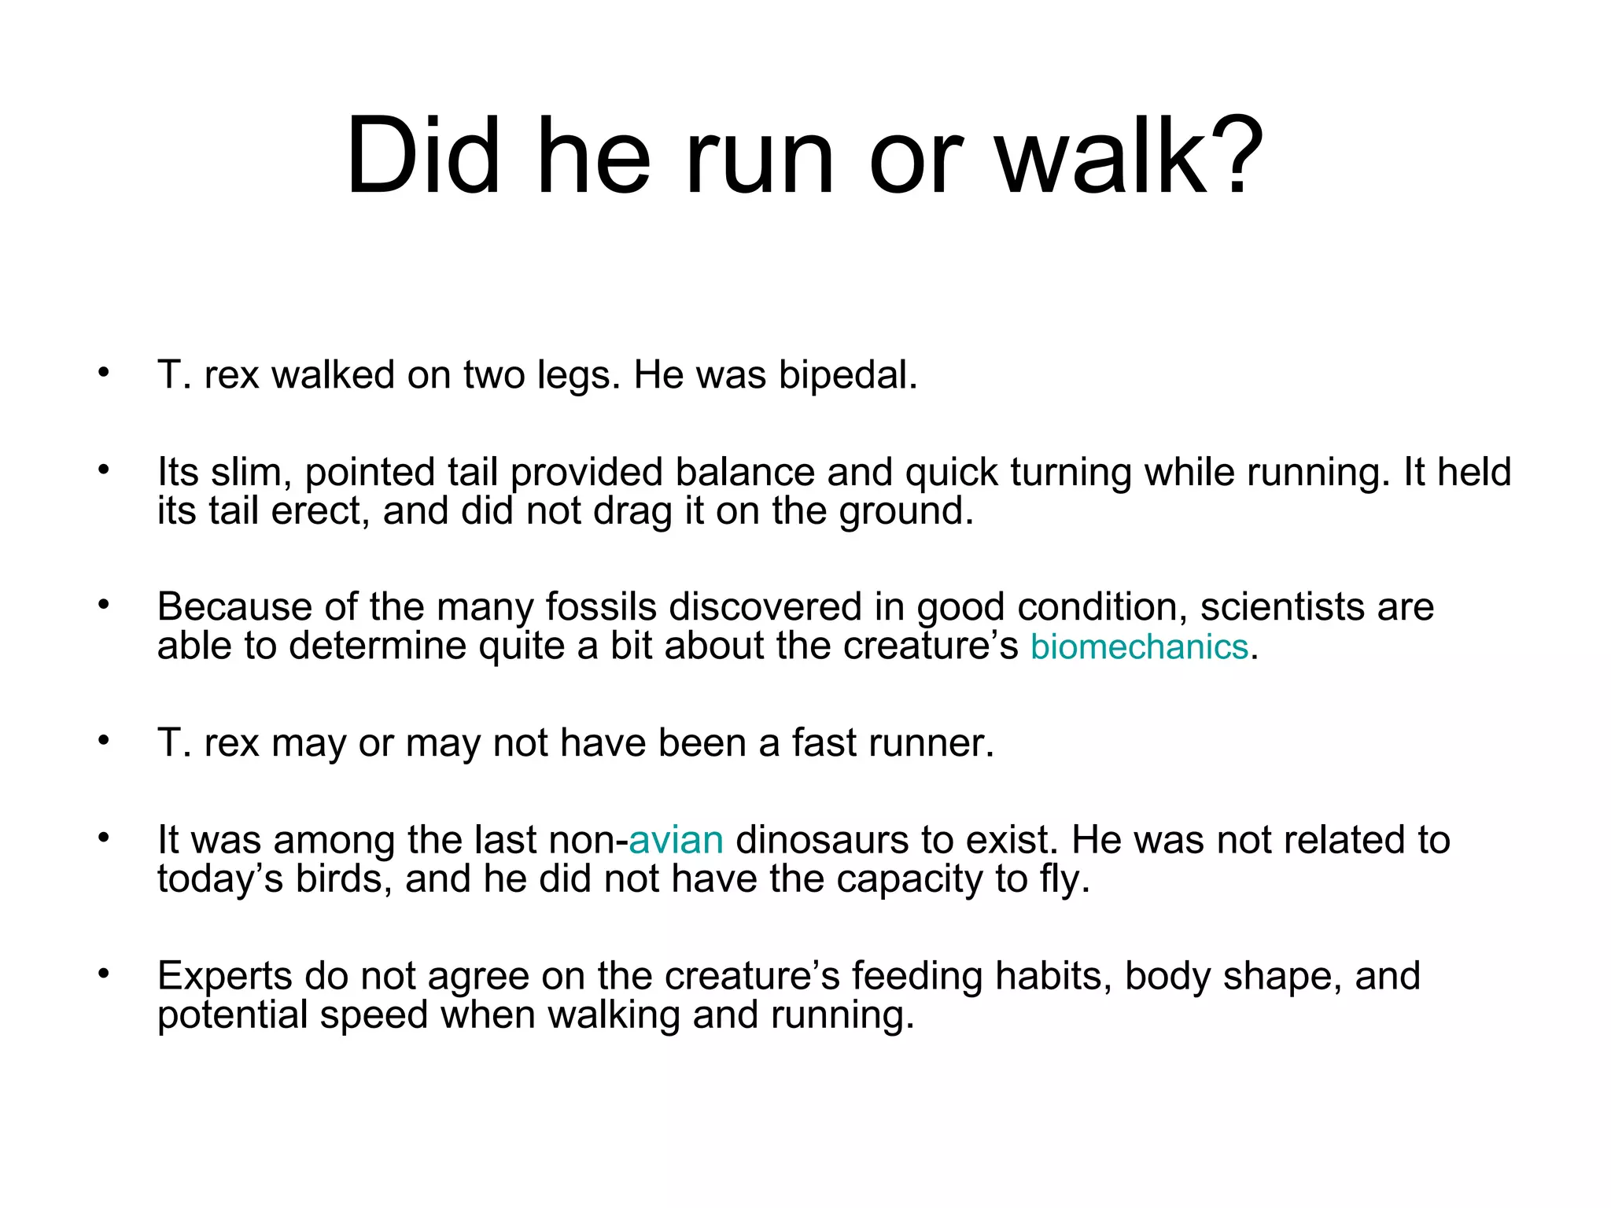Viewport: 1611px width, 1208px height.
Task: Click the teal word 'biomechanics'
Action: [1139, 646]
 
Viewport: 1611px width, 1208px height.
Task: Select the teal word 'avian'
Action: [676, 840]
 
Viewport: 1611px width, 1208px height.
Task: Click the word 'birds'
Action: [341, 878]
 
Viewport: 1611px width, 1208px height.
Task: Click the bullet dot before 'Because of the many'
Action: [104, 605]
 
